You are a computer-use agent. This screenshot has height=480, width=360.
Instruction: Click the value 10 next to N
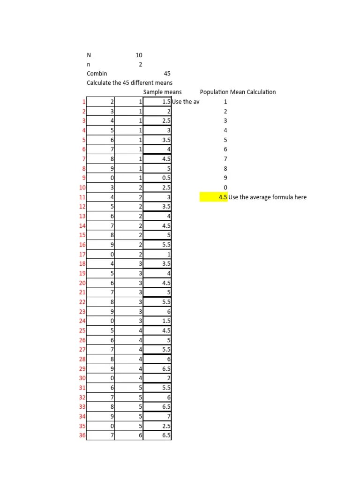[139, 55]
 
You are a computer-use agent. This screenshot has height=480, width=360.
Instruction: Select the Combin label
[97, 74]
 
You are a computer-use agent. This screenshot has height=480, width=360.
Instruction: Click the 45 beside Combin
[167, 74]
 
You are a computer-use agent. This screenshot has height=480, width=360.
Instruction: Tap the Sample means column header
[162, 92]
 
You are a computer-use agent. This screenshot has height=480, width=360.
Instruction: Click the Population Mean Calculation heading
[238, 92]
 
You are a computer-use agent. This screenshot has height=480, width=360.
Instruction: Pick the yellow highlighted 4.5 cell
[214, 197]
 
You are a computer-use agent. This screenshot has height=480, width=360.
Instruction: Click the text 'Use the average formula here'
[267, 197]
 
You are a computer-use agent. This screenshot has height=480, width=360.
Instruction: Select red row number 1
[83, 102]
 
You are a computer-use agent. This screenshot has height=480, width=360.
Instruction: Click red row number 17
[82, 255]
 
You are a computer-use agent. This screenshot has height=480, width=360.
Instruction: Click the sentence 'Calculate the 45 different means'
[129, 83]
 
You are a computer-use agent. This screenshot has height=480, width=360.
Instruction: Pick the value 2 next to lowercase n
[140, 65]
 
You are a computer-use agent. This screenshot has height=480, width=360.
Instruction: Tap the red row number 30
[82, 378]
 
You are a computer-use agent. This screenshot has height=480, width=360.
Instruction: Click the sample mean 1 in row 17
[169, 255]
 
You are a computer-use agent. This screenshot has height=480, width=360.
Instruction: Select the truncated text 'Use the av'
[186, 102]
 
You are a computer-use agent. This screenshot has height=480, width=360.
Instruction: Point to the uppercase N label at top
[89, 55]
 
